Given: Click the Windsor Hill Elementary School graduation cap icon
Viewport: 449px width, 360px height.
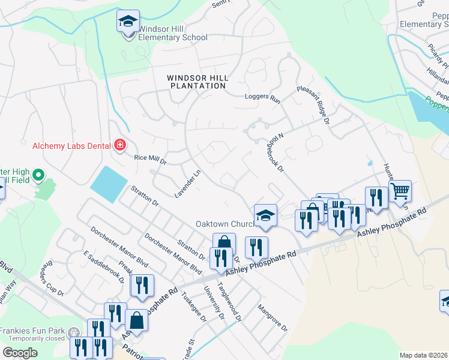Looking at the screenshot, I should (127, 22).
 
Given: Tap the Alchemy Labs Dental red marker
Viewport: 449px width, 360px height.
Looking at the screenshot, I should (120, 145).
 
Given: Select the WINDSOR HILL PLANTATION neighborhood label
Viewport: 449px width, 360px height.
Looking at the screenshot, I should (196, 82).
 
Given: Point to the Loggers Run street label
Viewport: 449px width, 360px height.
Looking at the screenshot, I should (262, 97).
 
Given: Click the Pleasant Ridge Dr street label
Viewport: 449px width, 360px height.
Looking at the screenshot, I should (314, 104).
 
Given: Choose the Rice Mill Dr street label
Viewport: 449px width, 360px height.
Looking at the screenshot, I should (150, 158).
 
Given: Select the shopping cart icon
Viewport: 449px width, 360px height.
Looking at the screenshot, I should (400, 192).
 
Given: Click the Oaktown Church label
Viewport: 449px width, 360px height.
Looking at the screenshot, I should (226, 224).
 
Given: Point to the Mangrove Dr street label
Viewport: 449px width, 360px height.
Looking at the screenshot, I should (273, 319).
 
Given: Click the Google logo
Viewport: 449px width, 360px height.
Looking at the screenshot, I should (20, 353).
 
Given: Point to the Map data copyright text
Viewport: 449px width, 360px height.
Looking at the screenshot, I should (424, 355).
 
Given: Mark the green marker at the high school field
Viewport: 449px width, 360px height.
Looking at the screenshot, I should (38, 175).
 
